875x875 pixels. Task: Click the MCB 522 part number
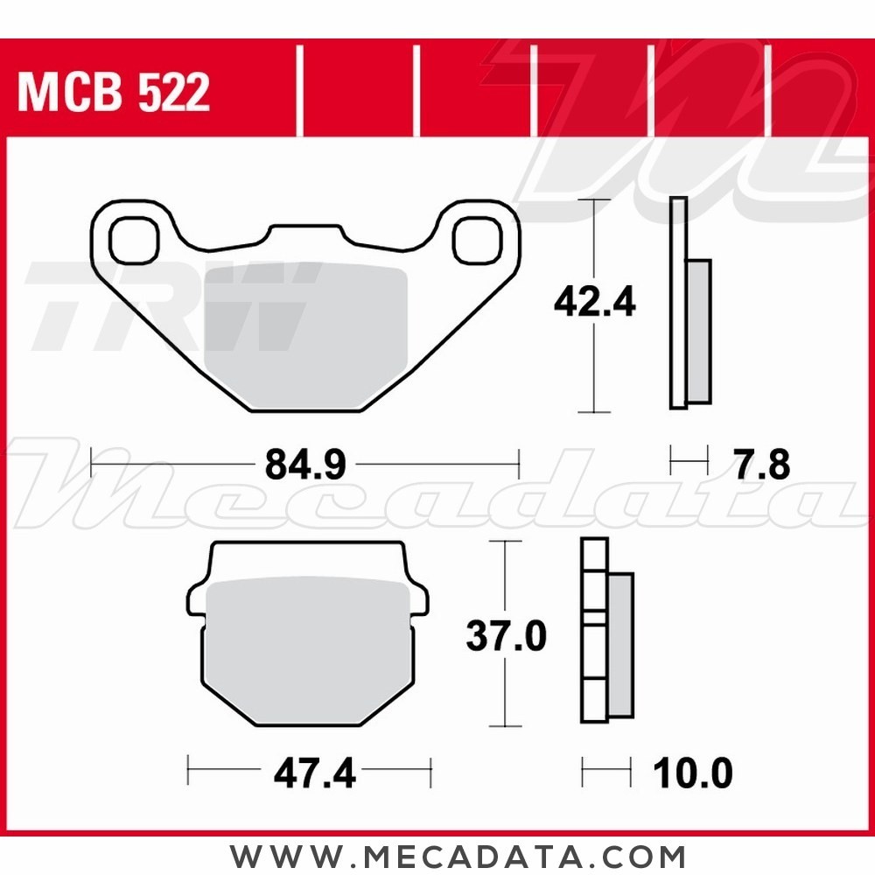114,93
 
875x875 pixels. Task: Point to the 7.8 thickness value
761,465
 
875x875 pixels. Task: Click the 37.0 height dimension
506,636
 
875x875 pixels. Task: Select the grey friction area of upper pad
306,337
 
